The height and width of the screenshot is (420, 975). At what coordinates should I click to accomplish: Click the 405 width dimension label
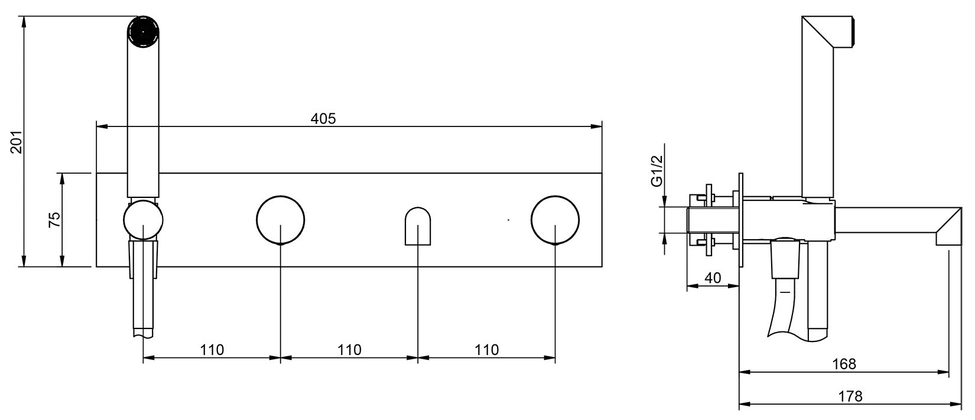[323, 118]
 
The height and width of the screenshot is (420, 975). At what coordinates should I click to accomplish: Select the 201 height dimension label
[17, 142]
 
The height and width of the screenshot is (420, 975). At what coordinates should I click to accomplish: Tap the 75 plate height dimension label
[54, 220]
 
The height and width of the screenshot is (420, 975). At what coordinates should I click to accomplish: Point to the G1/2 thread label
[656, 171]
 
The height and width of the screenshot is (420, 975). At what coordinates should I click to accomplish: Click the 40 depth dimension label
[713, 278]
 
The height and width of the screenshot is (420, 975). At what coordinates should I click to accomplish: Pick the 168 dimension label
[844, 364]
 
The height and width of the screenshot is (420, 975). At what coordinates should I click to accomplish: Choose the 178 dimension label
[850, 396]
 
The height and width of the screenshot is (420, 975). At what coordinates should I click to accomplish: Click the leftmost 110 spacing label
[212, 350]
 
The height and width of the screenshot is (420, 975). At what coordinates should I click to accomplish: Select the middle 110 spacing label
[349, 350]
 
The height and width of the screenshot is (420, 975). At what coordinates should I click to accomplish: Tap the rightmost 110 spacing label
[487, 350]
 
